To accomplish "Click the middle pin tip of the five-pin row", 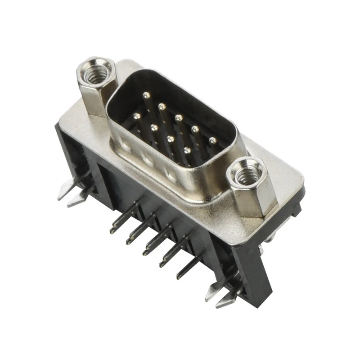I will click(179, 118).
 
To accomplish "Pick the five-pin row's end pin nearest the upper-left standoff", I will click(145, 95).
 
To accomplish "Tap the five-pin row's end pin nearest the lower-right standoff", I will click(213, 140).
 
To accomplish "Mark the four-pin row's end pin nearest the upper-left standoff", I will click(137, 116).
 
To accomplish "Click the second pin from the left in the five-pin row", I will click(162, 106).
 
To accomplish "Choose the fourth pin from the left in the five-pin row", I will click(195, 129).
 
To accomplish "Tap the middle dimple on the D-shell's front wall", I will click(147, 158).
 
